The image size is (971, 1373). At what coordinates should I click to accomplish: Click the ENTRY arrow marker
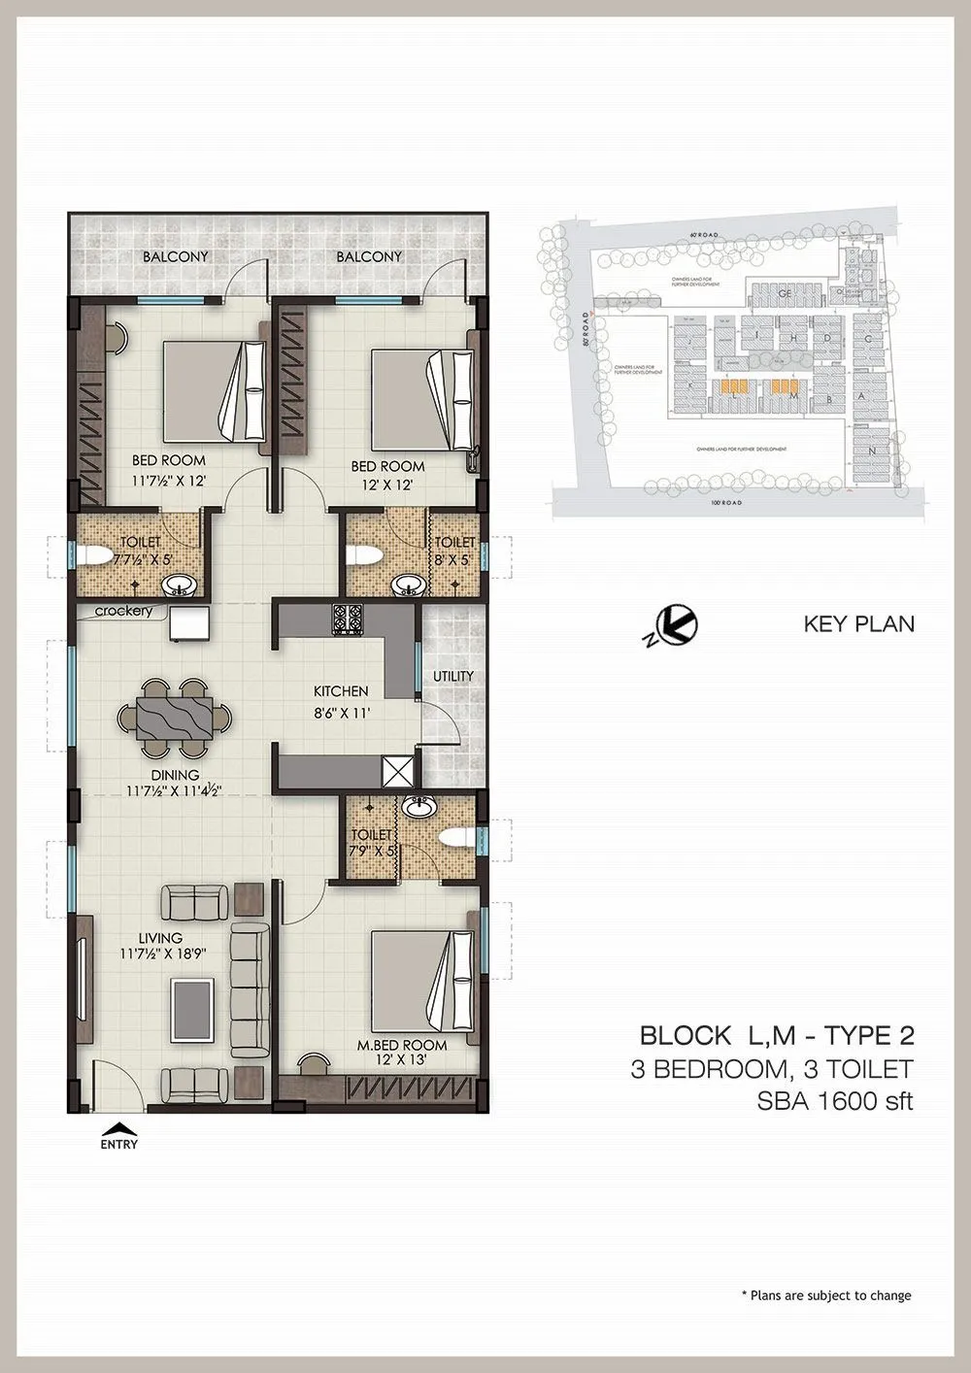click(x=118, y=1128)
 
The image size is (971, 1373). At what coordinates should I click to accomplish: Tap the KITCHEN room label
click(x=340, y=691)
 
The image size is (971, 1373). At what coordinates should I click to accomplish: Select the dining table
click(x=176, y=720)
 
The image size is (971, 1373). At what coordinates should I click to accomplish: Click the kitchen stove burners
click(x=348, y=619)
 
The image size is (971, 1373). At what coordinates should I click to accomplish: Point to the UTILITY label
click(x=453, y=676)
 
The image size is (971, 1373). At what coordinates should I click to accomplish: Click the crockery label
click(x=124, y=611)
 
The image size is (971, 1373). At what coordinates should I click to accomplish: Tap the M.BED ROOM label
click(x=402, y=1045)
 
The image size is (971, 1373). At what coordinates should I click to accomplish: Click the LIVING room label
click(x=160, y=938)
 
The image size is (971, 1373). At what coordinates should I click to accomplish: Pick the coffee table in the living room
click(x=193, y=1008)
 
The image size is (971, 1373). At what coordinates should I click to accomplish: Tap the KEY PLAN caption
click(x=858, y=623)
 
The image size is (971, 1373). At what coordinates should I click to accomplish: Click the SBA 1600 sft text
click(x=834, y=1101)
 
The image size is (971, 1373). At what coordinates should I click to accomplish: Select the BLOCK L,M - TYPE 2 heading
click(x=776, y=1035)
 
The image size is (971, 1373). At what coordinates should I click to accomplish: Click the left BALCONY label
click(x=176, y=256)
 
